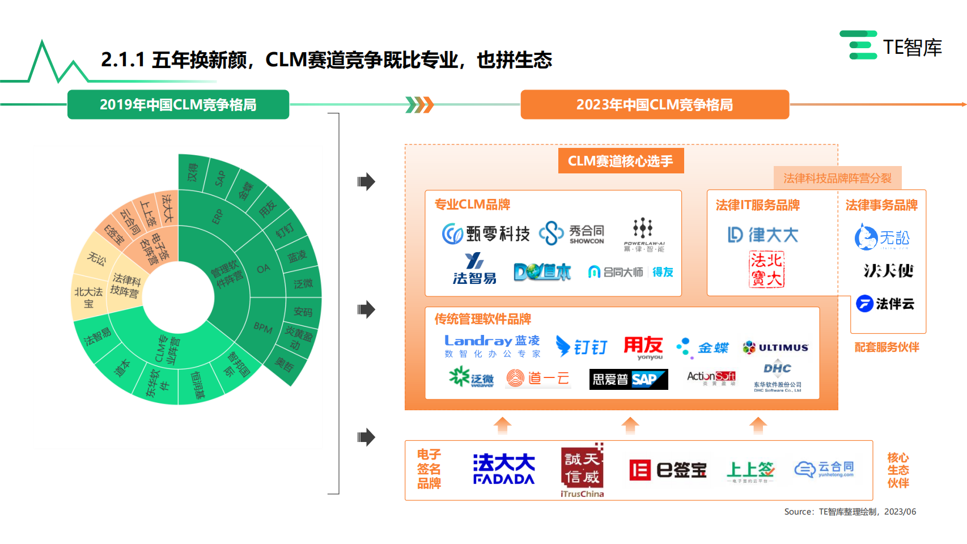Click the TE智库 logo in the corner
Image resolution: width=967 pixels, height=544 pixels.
click(891, 46)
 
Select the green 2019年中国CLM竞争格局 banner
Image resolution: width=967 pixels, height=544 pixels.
click(178, 105)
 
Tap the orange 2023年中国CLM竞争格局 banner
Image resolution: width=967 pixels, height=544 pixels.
click(655, 105)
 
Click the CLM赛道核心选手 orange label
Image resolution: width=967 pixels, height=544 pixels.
click(621, 161)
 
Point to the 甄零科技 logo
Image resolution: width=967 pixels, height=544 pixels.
click(486, 233)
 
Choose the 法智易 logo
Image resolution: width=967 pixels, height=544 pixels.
click(474, 269)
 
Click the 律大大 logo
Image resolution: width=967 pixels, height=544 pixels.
click(763, 235)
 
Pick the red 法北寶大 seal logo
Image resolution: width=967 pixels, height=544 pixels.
click(766, 270)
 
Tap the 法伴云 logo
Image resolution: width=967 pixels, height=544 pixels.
click(885, 304)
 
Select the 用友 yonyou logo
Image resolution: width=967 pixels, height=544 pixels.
click(644, 347)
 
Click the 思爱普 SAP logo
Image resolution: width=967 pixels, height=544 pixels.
click(629, 379)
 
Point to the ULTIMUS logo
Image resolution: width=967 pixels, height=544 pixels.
click(775, 347)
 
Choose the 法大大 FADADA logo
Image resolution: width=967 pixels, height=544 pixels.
click(504, 469)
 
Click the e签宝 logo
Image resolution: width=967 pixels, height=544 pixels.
click(668, 470)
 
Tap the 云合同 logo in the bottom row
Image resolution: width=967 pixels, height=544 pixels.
click(824, 469)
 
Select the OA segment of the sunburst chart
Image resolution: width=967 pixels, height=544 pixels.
click(263, 269)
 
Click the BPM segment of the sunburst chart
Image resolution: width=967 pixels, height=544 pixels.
click(263, 328)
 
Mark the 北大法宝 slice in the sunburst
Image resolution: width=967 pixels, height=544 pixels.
click(88, 297)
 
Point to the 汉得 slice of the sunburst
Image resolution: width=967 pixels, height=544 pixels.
click(193, 172)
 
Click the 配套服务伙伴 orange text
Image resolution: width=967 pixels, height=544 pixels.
click(887, 347)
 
